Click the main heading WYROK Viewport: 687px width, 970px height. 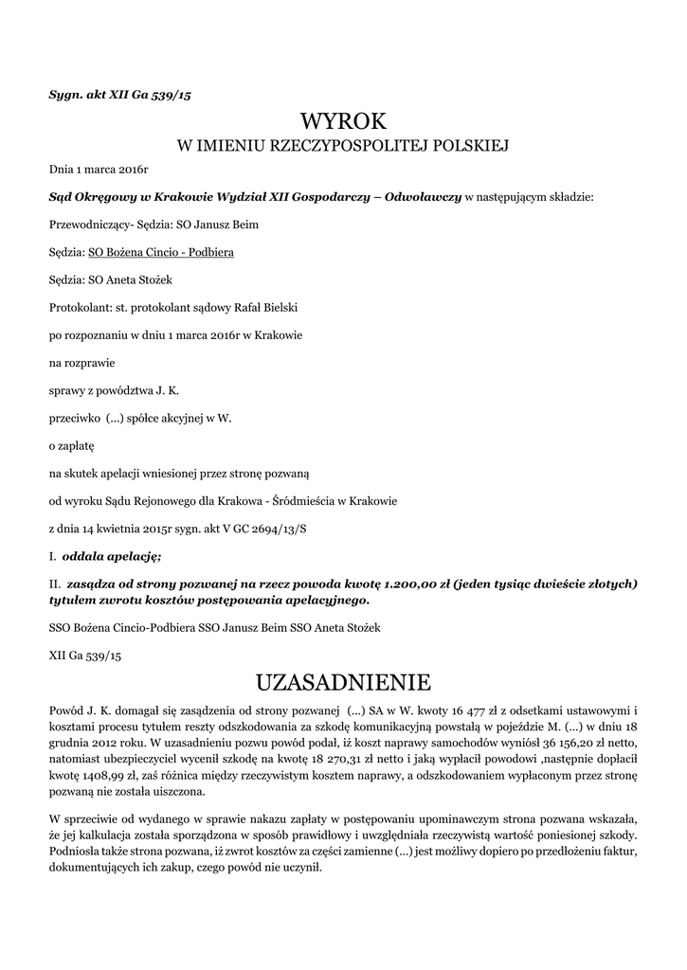(344, 121)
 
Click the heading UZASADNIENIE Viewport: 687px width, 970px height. (344, 682)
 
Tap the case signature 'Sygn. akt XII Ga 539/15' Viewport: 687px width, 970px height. (120, 94)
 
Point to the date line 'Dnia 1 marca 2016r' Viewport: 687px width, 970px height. (99, 171)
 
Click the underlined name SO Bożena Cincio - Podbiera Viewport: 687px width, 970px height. (161, 253)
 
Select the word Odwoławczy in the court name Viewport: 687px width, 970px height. (424, 198)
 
